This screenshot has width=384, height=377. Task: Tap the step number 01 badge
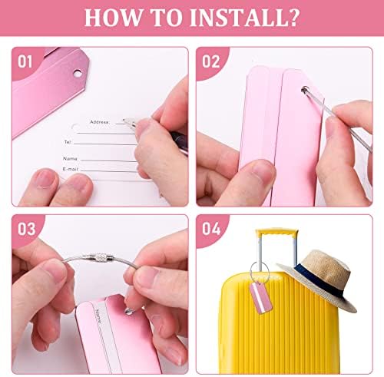25,62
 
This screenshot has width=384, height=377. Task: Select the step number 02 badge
210,62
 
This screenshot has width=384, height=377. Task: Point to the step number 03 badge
26,229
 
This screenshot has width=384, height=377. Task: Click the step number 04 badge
211,229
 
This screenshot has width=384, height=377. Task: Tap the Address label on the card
100,122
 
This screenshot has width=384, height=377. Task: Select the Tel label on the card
68,142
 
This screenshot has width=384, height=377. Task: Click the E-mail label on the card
71,169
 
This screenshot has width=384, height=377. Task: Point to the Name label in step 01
71,159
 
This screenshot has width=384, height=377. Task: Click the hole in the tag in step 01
78,74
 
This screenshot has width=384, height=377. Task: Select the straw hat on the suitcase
319,279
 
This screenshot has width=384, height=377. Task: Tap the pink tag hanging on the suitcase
260,298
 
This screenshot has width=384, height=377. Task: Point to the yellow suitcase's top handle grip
277,233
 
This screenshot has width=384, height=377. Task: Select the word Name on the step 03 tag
99,316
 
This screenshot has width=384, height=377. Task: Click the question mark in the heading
294,18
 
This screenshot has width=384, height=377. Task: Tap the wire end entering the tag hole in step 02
305,90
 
